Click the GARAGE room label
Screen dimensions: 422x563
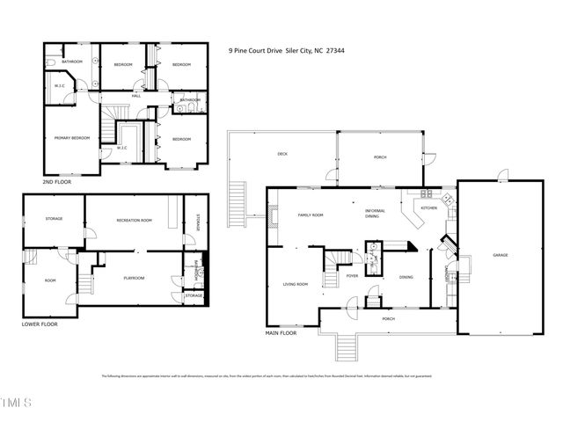[501, 255]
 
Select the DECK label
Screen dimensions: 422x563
[282, 155]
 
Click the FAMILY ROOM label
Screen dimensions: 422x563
[311, 215]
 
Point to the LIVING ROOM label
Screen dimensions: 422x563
[295, 284]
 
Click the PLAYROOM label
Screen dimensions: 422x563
[133, 278]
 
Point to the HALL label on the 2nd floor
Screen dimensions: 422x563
[136, 95]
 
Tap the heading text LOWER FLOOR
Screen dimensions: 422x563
[40, 324]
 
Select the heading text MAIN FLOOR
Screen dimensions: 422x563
[281, 334]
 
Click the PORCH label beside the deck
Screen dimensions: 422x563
[381, 157]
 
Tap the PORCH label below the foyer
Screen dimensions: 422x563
[388, 318]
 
